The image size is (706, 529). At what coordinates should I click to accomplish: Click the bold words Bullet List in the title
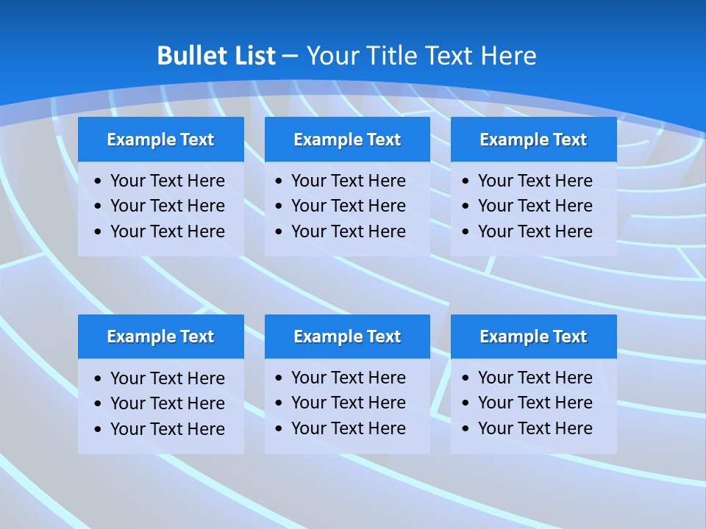[216, 56]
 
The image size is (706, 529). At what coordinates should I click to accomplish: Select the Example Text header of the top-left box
[160, 140]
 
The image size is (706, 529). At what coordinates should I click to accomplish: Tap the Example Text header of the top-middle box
[347, 140]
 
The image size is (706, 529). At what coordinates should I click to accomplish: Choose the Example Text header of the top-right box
[533, 140]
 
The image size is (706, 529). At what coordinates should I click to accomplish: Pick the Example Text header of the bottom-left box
[160, 337]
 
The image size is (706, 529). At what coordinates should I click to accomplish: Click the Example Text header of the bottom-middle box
[347, 337]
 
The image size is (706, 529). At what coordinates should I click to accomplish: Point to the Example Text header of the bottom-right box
[533, 337]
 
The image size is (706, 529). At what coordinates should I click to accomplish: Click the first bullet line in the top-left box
[167, 181]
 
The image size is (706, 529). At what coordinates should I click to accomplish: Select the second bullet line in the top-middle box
[348, 206]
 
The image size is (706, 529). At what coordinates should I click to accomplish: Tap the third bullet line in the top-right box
[535, 231]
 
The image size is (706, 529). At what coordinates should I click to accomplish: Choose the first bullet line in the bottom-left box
[167, 378]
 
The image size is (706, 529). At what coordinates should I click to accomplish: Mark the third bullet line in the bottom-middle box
[348, 428]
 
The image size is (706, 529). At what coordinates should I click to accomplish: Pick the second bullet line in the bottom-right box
[535, 403]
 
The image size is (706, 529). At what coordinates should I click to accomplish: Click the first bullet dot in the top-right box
[466, 181]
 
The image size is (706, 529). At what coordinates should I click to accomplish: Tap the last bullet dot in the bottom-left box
[99, 430]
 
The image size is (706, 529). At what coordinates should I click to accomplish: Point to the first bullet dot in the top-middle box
[279, 181]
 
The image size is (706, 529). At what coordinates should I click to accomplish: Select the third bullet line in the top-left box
[167, 231]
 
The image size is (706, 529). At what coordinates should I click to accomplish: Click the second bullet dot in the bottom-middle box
[279, 403]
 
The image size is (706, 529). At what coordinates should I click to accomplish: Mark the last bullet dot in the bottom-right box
[466, 429]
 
